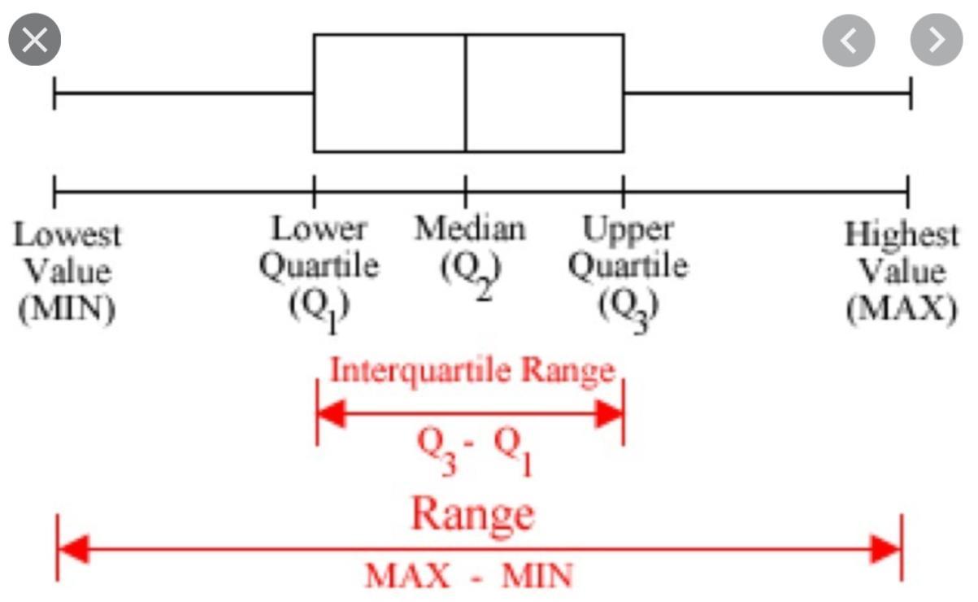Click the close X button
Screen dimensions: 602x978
35,41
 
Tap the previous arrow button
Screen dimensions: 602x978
848,41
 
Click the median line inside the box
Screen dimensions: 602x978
466,93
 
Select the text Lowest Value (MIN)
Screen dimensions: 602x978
67,272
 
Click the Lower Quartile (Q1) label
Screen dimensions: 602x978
319,267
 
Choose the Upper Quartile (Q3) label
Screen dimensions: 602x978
628,267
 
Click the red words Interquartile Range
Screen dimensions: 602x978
472,370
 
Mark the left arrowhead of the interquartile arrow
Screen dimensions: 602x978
330,413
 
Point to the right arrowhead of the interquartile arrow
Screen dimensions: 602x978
610,413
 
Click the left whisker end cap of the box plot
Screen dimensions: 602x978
54,93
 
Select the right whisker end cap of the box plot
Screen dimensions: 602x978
911,93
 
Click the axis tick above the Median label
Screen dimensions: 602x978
466,192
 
